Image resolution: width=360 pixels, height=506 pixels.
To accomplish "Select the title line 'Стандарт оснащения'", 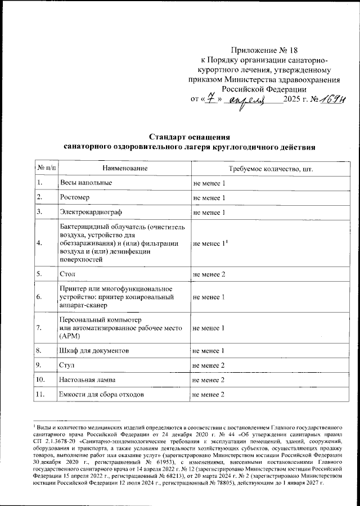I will [x=188, y=137].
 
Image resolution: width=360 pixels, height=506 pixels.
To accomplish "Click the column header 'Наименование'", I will [x=125, y=168].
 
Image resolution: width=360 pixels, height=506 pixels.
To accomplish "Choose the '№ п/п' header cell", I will [x=46, y=168].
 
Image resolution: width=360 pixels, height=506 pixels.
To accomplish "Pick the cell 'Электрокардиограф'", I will [x=91, y=213].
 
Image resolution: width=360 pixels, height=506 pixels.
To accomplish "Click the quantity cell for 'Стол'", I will [x=209, y=274].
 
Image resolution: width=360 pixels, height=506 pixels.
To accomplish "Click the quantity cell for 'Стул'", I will [x=209, y=366].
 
